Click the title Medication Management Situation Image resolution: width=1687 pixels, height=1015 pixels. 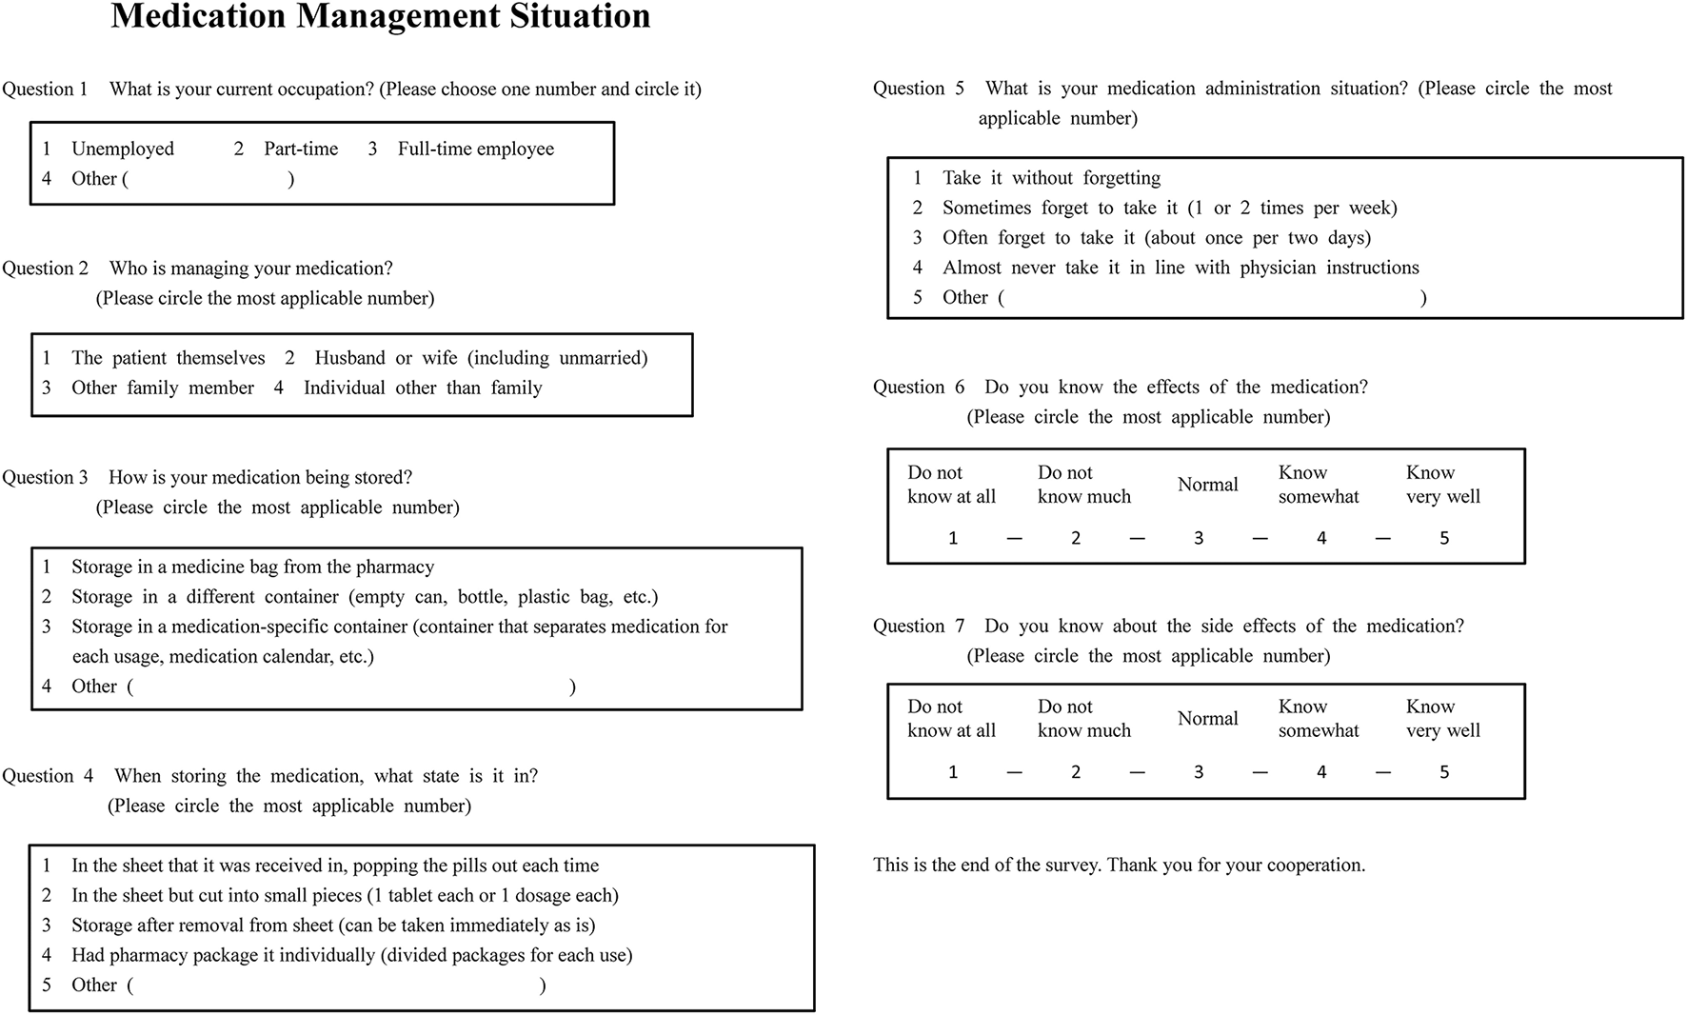[x=381, y=17]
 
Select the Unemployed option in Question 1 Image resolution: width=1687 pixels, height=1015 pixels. [x=122, y=149]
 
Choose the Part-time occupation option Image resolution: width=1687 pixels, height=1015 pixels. [x=300, y=149]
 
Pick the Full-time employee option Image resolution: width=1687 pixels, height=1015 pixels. [x=475, y=149]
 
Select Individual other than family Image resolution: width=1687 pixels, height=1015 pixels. [x=422, y=388]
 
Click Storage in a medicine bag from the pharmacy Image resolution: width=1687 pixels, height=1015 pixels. [x=252, y=567]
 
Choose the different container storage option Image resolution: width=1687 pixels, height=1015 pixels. [x=364, y=597]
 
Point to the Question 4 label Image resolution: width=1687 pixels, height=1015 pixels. [x=48, y=776]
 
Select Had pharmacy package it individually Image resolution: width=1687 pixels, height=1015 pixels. [x=351, y=955]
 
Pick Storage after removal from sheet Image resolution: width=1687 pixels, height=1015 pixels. [x=332, y=925]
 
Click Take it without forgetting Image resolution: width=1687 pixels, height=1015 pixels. [x=1051, y=178]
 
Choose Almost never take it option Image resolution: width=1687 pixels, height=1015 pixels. [x=1180, y=268]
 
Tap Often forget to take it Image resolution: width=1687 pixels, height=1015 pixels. [x=1156, y=238]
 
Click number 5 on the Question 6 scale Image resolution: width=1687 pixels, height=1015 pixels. [x=1444, y=538]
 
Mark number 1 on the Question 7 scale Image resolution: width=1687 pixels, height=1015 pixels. [x=953, y=772]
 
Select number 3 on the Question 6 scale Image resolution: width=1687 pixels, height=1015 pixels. [x=1199, y=538]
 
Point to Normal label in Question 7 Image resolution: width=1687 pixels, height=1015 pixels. [x=1207, y=719]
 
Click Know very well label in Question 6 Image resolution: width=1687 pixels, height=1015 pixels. [x=1442, y=485]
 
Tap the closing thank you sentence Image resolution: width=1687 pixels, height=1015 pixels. [x=1119, y=866]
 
